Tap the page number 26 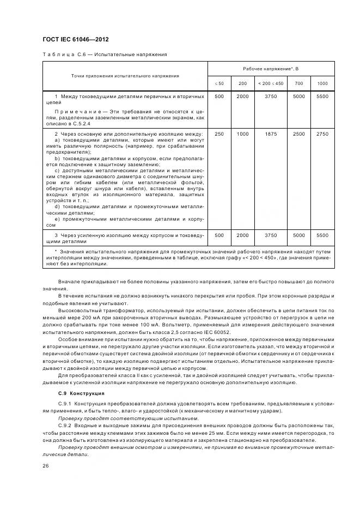pos(45,466)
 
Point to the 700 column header pos(299,83)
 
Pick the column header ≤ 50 pos(219,83)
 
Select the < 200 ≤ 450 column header pos(271,83)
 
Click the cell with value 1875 pos(271,133)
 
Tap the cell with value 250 pos(219,133)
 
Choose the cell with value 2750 pos(322,133)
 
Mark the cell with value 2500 pos(299,133)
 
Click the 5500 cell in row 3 pos(322,235)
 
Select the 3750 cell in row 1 pos(271,96)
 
